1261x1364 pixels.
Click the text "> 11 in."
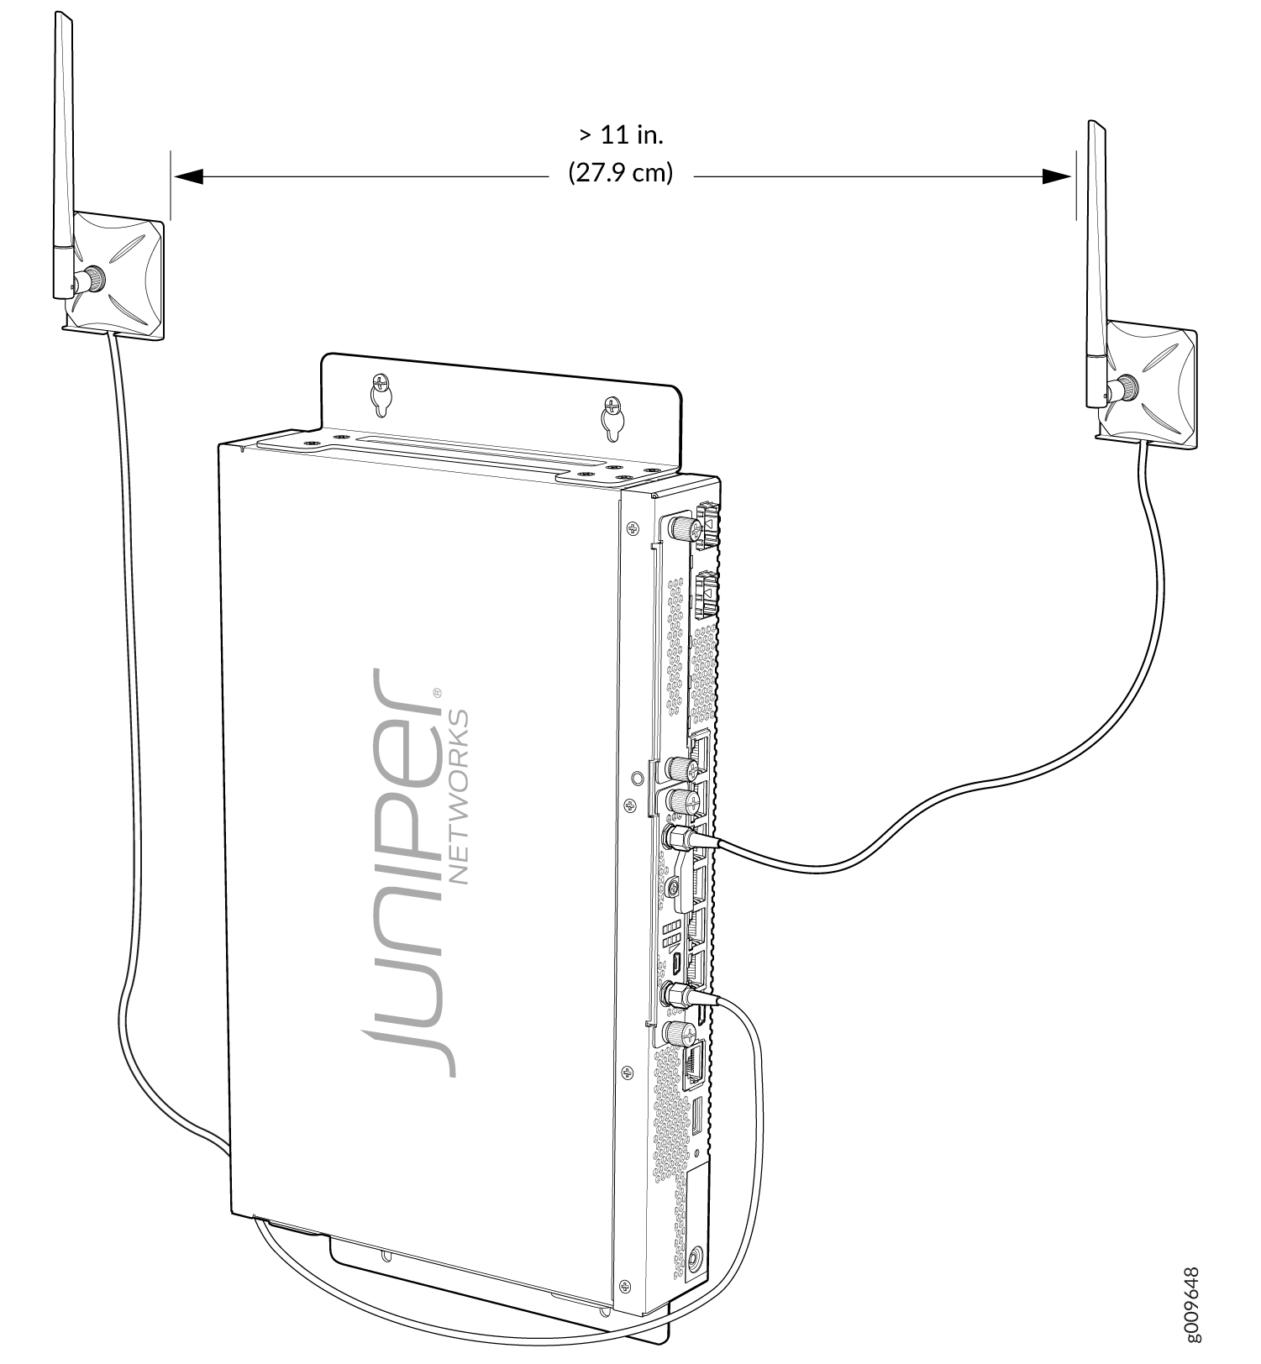[622, 134]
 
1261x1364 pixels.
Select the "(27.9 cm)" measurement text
[621, 173]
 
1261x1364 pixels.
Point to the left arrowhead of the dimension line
[188, 176]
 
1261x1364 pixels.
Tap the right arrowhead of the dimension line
[1057, 176]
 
